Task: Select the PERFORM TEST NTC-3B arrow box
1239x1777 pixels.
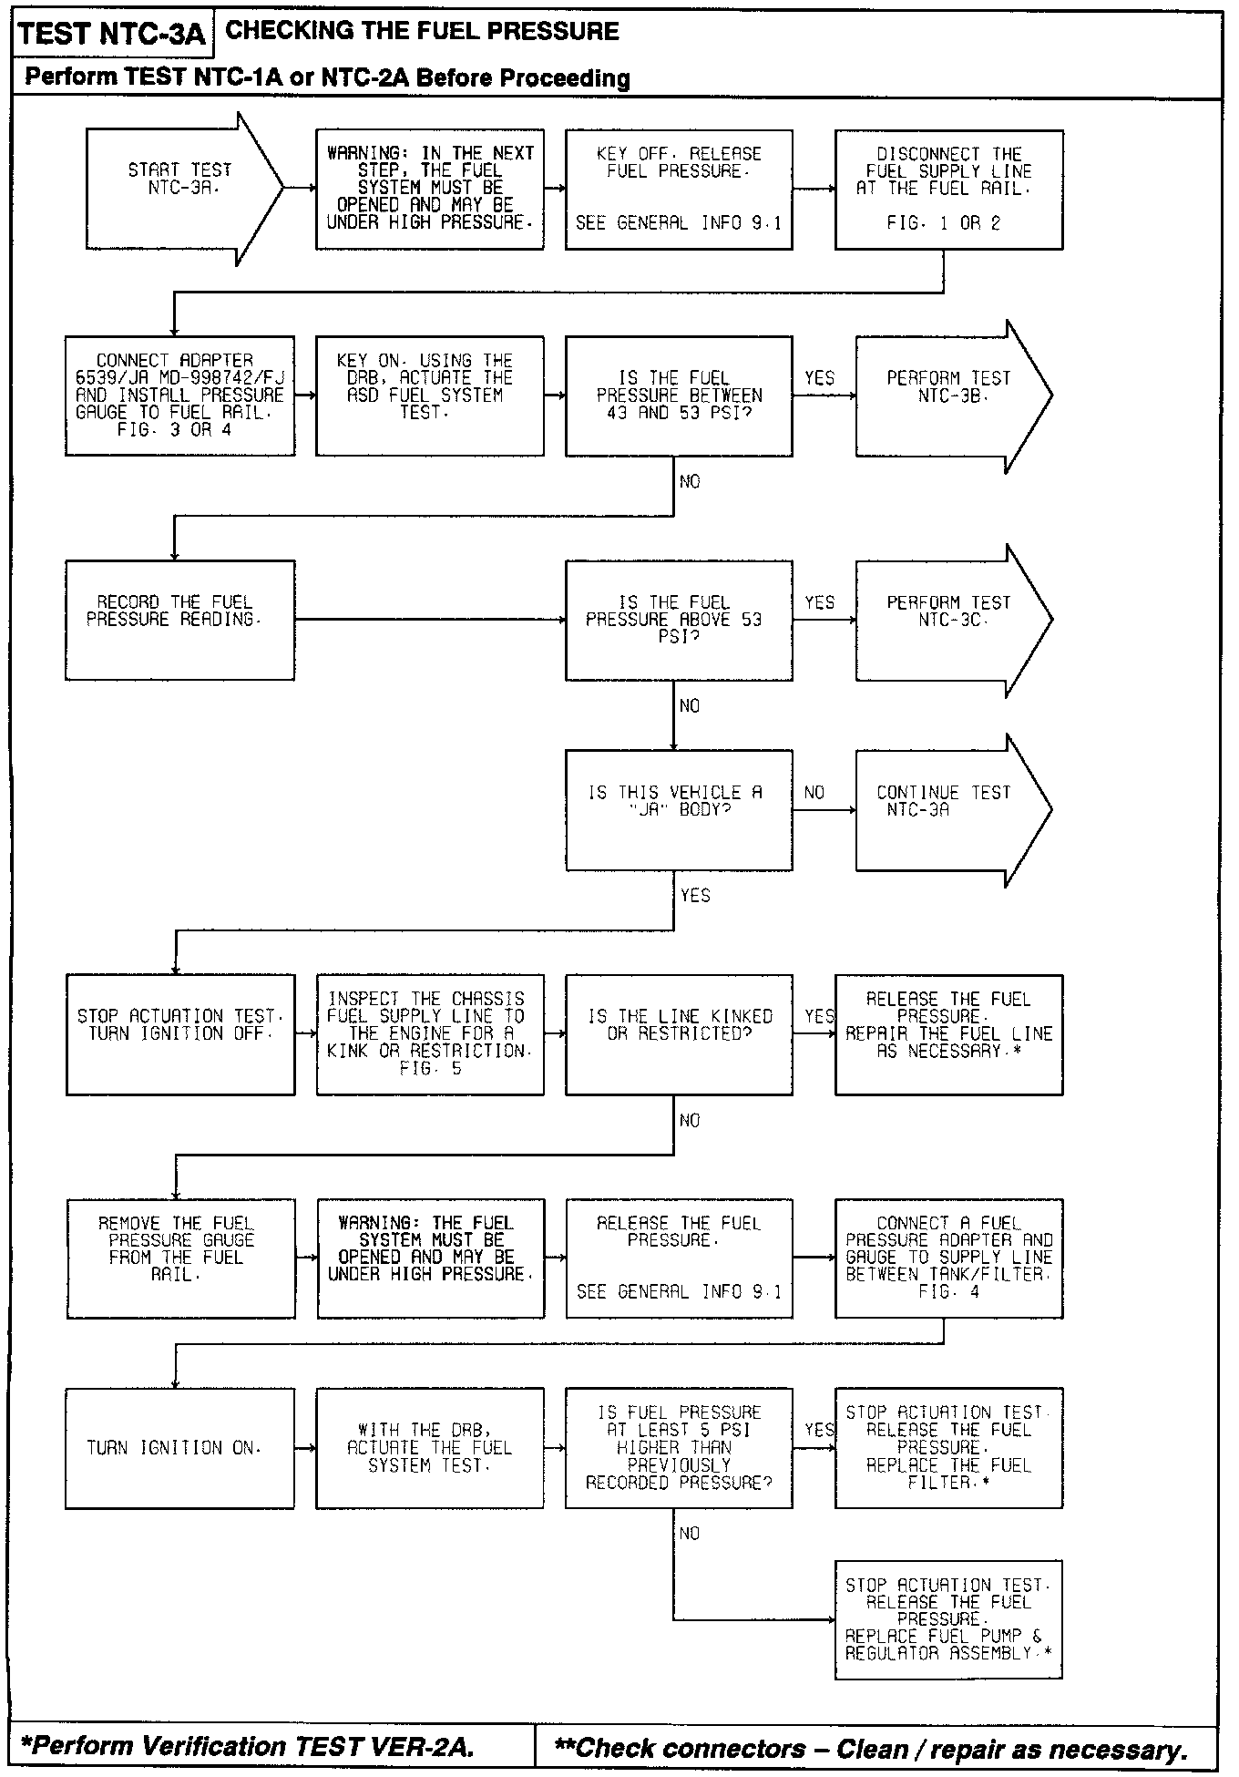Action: (947, 396)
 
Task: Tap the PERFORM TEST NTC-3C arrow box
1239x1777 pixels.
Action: (947, 621)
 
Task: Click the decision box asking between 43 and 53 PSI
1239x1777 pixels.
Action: (679, 396)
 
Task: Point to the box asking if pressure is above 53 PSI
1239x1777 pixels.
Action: (679, 621)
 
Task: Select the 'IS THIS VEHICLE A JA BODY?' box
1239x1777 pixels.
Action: (679, 810)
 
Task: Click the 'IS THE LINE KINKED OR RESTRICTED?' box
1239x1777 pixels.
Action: (679, 1034)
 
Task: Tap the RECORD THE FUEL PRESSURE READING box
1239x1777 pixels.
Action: (179, 621)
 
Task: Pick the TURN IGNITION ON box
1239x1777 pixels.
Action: (179, 1448)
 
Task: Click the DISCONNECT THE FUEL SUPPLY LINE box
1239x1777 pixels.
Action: (948, 190)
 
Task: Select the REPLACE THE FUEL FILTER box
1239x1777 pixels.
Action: (948, 1448)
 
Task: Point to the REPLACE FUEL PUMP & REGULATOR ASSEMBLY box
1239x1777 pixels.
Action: (948, 1619)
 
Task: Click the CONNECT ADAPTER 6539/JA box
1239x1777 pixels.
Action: (179, 396)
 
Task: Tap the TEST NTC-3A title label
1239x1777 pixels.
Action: (112, 35)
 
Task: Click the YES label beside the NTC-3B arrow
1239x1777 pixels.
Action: (820, 378)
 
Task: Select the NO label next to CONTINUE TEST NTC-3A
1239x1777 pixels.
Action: (814, 793)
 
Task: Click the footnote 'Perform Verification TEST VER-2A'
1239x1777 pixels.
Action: (247, 1746)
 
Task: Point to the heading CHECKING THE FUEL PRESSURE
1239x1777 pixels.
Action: (422, 31)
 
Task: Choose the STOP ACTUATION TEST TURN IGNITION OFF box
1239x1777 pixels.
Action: (180, 1034)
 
